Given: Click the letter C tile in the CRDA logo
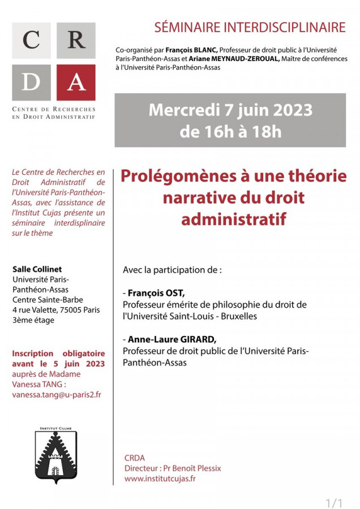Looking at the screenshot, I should (x=32, y=41).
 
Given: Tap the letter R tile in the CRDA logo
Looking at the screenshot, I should (x=76, y=41).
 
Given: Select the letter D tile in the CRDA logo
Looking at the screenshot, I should (x=32, y=81).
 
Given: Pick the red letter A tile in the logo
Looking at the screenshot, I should (x=76, y=81).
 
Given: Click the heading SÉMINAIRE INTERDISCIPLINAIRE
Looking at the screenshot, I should (x=250, y=27).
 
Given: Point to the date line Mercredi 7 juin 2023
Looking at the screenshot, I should (x=230, y=109).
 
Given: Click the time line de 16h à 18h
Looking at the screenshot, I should (x=230, y=132).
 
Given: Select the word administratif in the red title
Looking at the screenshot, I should (x=234, y=219).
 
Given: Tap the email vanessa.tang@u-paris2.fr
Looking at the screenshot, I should (x=57, y=395).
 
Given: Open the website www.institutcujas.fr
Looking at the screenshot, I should (x=160, y=478).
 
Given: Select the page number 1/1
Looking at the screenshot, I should (x=335, y=502).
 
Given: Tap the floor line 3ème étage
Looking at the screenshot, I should (x=33, y=320).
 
